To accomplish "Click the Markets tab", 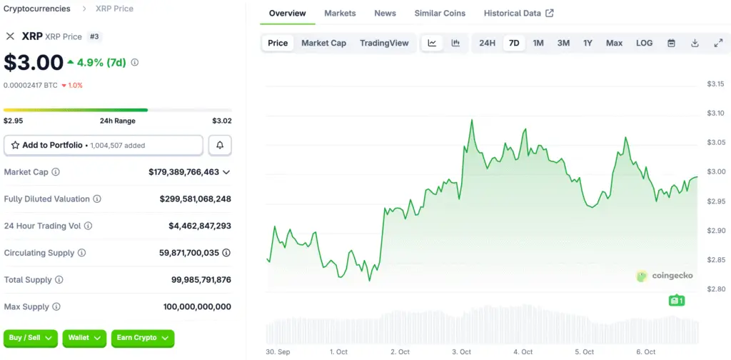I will tap(340, 13).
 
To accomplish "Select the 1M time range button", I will tap(538, 43).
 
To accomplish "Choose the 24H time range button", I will tap(487, 43).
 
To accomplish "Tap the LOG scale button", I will tap(644, 43).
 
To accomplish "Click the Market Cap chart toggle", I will tap(323, 43).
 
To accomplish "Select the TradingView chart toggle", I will tap(384, 43).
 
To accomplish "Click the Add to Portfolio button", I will tap(104, 145).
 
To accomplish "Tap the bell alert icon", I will tap(220, 145).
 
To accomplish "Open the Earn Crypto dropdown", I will tap(143, 337).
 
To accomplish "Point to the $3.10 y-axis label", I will tap(715, 113).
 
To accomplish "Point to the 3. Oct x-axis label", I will tap(460, 351).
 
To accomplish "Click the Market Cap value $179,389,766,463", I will tap(184, 172).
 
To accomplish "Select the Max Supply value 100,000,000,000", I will tap(197, 306).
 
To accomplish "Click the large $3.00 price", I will tap(34, 62).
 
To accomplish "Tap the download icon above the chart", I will tap(695, 43).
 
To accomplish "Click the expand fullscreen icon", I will tap(718, 43).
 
